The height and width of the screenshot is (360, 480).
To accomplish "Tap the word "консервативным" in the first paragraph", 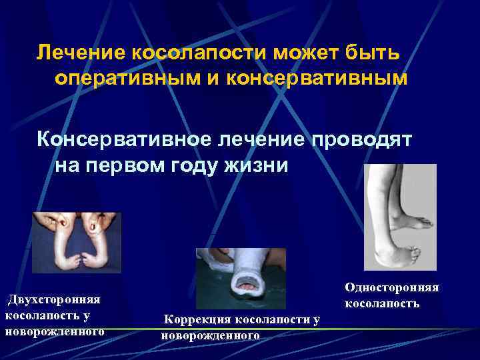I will (317, 78).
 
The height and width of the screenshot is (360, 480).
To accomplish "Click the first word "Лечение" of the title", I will (75, 51).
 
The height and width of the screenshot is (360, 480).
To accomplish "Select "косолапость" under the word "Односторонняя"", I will (382, 303).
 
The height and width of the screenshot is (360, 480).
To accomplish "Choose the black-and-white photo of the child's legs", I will (400, 217).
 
